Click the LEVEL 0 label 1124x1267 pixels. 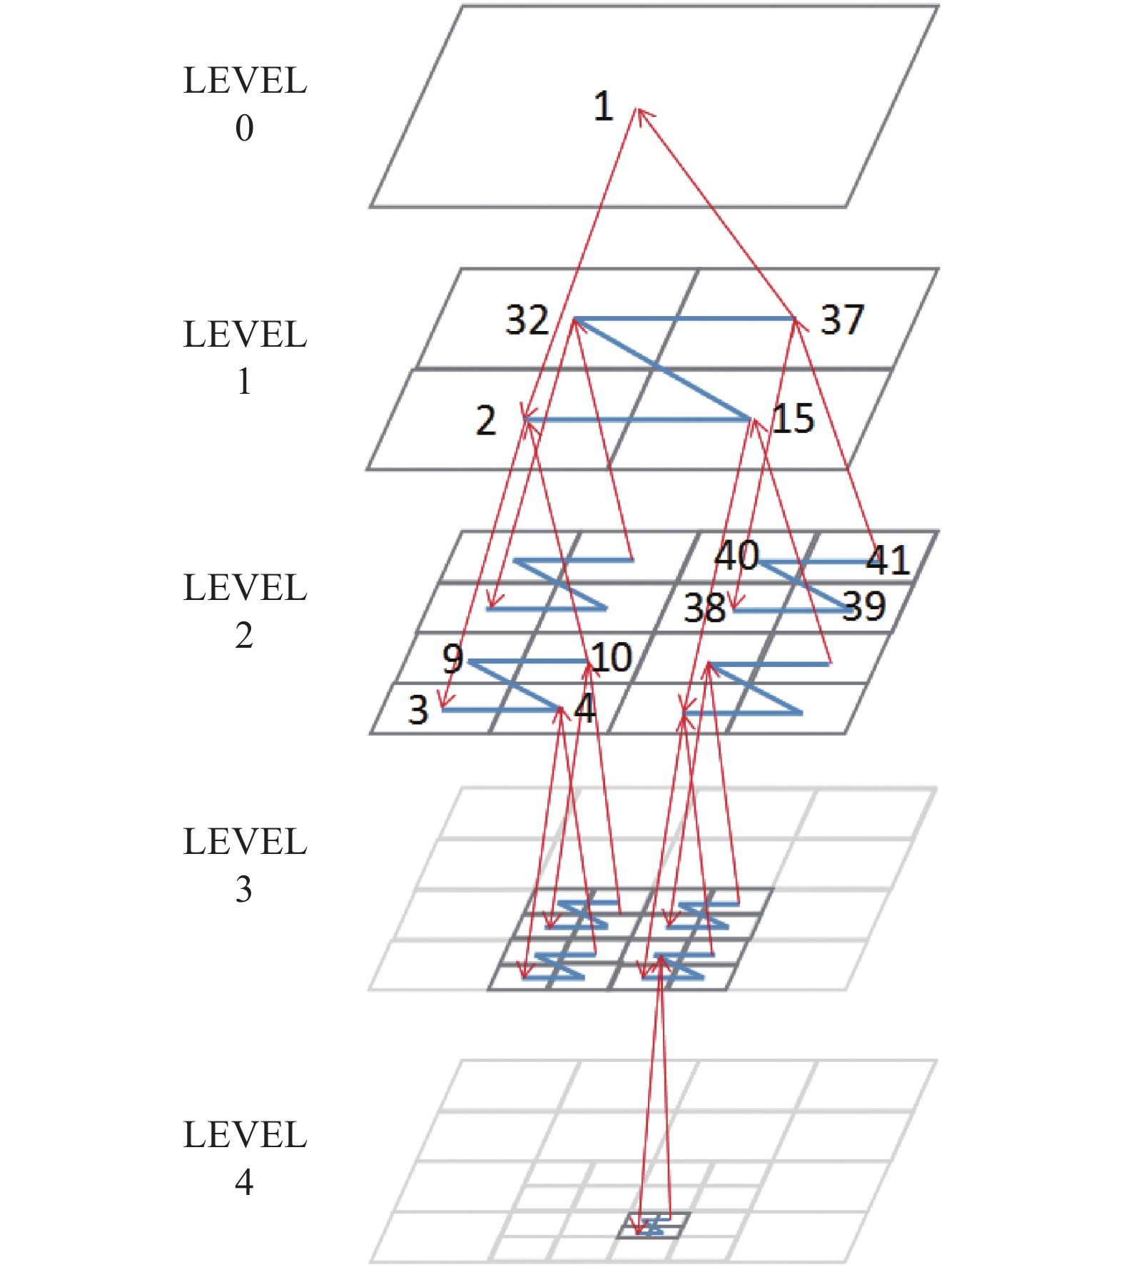pyautogui.click(x=245, y=104)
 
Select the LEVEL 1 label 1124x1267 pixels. pyautogui.click(x=245, y=357)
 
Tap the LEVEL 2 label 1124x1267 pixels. pyautogui.click(x=245, y=611)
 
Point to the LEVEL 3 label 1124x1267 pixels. pyautogui.click(x=245, y=865)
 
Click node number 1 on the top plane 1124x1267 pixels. pyautogui.click(x=604, y=107)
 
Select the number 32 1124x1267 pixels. pyautogui.click(x=527, y=320)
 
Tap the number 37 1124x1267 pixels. pyautogui.click(x=842, y=320)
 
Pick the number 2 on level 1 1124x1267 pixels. pyautogui.click(x=486, y=421)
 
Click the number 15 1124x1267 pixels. pyautogui.click(x=794, y=419)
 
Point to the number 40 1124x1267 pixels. pyautogui.click(x=736, y=555)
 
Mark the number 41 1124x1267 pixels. pyautogui.click(x=887, y=560)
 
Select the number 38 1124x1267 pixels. pyautogui.click(x=704, y=609)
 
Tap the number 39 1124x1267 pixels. pyautogui.click(x=864, y=606)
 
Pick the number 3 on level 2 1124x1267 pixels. pyautogui.click(x=418, y=711)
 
